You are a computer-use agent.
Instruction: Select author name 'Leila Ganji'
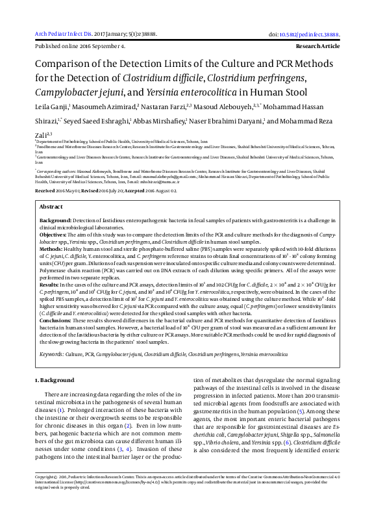53,107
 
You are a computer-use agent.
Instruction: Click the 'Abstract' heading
52,206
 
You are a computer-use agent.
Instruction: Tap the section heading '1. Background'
56,379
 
